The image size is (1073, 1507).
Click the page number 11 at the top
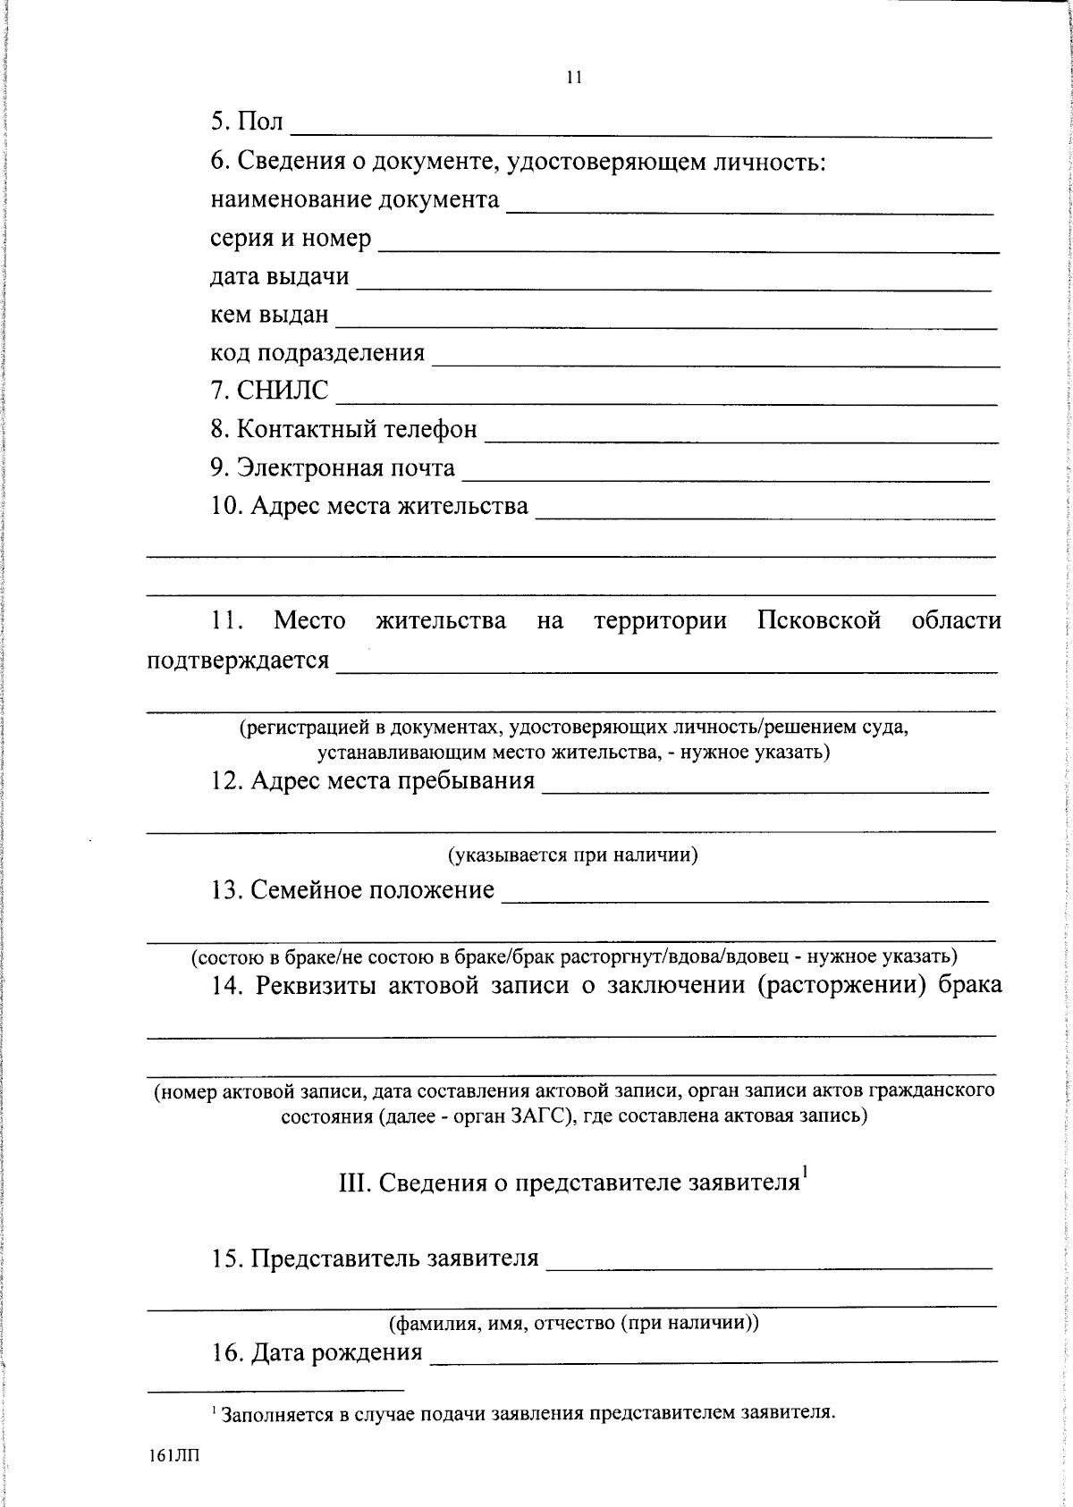574,78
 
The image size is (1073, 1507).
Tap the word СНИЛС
282,391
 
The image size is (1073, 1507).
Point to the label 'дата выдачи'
279,277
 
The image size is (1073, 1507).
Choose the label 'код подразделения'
317,353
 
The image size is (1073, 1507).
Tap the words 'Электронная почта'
345,468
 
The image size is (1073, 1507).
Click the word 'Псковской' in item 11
818,620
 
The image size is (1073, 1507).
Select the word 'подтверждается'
238,661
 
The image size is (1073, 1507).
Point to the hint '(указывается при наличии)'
572,855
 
